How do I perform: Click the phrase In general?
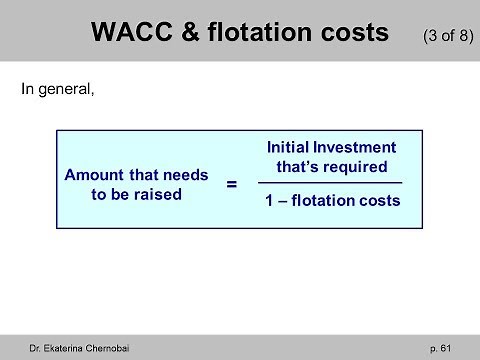tap(56, 88)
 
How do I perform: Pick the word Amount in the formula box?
tap(91, 175)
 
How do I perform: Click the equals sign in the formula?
tap(232, 184)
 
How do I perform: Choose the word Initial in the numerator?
tap(289, 148)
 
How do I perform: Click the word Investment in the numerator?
tap(356, 148)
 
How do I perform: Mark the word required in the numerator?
tap(354, 166)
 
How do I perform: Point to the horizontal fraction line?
tap(330, 183)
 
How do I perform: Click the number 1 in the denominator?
tap(269, 201)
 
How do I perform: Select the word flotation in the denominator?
tap(323, 201)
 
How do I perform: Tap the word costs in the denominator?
tap(380, 201)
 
